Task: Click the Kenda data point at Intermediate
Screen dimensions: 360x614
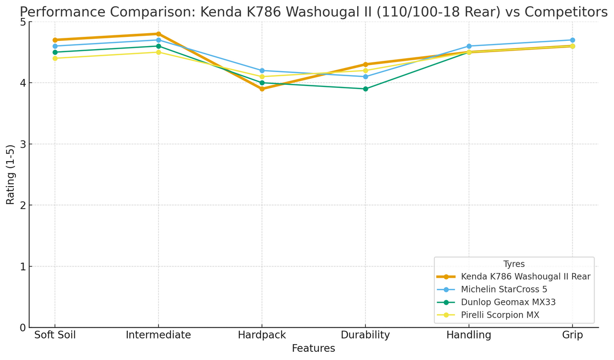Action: coord(158,34)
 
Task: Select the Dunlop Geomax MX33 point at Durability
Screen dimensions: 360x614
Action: coord(365,89)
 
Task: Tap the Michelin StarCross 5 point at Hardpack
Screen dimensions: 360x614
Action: coord(262,71)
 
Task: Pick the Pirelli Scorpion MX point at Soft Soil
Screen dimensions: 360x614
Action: coord(55,58)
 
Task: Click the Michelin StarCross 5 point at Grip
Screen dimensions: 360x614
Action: coord(573,40)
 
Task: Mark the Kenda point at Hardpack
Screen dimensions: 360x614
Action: coord(262,89)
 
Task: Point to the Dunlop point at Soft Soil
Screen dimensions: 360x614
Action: coord(55,52)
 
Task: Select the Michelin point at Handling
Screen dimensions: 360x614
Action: coord(469,46)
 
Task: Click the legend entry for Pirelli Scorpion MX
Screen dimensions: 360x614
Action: coord(500,315)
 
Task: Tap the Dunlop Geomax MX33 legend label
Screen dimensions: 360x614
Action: coord(508,302)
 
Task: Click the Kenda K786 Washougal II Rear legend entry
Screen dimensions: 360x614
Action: coord(525,277)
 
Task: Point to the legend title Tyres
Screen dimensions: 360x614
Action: coord(514,264)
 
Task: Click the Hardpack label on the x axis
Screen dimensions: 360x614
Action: coord(262,335)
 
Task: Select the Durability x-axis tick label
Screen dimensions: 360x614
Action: coord(365,335)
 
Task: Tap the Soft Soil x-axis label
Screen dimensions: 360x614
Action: coord(55,335)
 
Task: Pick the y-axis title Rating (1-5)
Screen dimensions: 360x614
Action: coord(10,174)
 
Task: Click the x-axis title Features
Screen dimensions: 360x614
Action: coord(313,349)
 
